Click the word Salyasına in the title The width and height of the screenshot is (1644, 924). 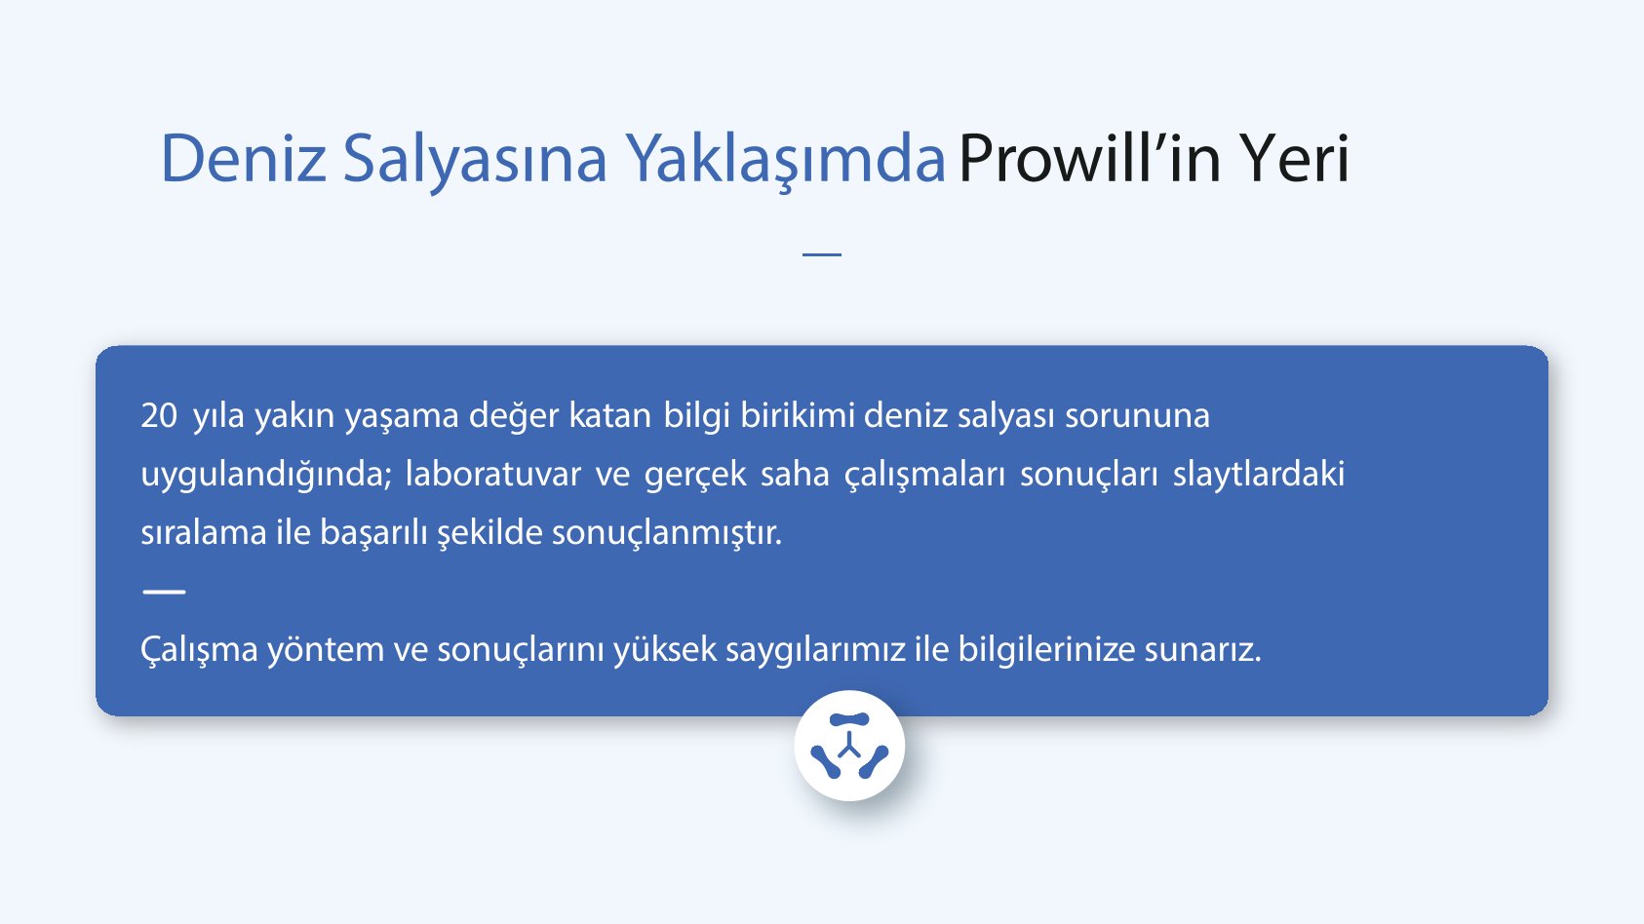(474, 159)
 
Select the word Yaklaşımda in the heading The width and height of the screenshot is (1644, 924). (785, 159)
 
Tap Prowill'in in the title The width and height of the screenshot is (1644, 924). (1089, 159)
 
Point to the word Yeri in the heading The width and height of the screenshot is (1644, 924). (1294, 159)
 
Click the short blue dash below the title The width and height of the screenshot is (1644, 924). (821, 254)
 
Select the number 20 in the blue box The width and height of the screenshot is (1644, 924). (159, 416)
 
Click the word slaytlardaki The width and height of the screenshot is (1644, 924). (1258, 475)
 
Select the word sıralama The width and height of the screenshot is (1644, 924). (203, 533)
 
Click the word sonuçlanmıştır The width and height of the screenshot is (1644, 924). (667, 533)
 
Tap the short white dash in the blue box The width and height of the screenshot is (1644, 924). (164, 591)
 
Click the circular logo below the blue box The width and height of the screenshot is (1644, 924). (849, 747)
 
